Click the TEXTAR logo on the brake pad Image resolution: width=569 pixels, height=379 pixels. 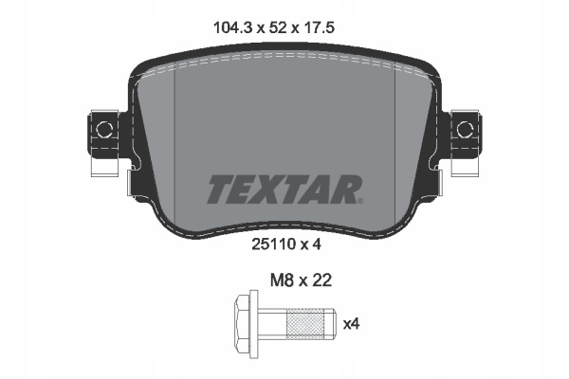click(284, 189)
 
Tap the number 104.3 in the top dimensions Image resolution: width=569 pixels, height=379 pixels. click(232, 27)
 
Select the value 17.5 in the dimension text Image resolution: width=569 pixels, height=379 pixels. click(319, 27)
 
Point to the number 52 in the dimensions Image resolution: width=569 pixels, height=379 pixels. click(278, 27)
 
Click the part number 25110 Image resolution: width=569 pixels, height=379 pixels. click(274, 244)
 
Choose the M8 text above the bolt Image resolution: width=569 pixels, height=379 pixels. click(282, 280)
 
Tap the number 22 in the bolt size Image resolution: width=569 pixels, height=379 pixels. click(322, 280)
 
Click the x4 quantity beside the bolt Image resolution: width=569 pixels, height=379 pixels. click(351, 324)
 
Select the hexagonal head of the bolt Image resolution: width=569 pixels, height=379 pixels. click(243, 323)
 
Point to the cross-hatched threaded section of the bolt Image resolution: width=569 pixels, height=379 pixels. click(304, 323)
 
